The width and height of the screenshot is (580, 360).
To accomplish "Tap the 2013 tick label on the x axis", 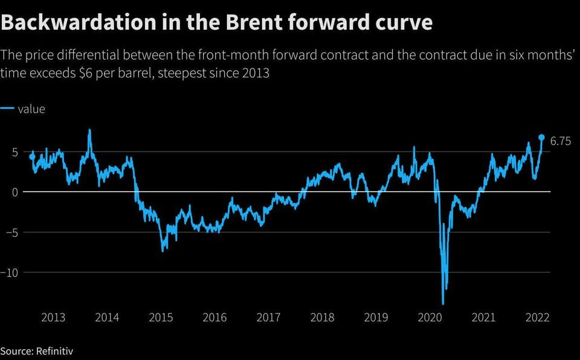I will click(x=54, y=318).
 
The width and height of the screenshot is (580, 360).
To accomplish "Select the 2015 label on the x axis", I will click(x=161, y=318).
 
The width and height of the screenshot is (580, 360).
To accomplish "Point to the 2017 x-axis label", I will click(x=268, y=318).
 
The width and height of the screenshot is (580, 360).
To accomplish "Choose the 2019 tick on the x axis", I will click(x=376, y=318).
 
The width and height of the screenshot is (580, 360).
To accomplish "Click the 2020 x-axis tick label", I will click(x=430, y=318).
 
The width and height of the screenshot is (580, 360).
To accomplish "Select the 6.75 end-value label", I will click(x=561, y=141).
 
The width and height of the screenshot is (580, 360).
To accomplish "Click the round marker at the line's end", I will click(x=541, y=137).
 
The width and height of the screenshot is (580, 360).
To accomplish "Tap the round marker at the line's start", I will click(x=32, y=156).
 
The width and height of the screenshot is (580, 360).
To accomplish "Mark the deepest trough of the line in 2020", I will click(x=443, y=304).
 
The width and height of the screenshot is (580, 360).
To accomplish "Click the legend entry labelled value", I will click(x=31, y=109).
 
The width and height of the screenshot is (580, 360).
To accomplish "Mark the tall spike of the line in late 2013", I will click(x=89, y=130).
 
